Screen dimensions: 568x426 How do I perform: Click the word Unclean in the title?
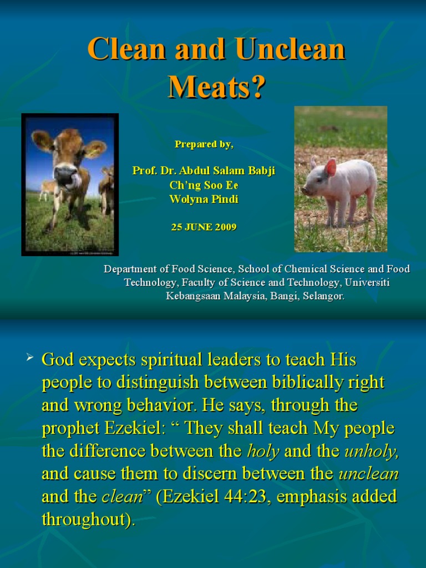point(290,50)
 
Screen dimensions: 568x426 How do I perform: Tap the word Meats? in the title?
point(217,87)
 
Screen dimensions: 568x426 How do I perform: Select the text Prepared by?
point(204,144)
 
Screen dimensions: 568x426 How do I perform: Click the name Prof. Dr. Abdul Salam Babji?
point(204,171)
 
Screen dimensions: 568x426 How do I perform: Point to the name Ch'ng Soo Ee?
point(204,185)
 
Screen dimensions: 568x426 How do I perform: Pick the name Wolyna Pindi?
point(204,199)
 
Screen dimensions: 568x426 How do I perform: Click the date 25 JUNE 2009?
point(204,227)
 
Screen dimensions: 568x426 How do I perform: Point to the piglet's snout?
point(306,190)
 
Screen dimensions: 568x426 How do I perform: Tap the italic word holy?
point(263,451)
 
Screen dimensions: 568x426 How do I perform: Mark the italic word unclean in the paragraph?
point(368,474)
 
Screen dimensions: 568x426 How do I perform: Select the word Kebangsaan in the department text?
point(194,296)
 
